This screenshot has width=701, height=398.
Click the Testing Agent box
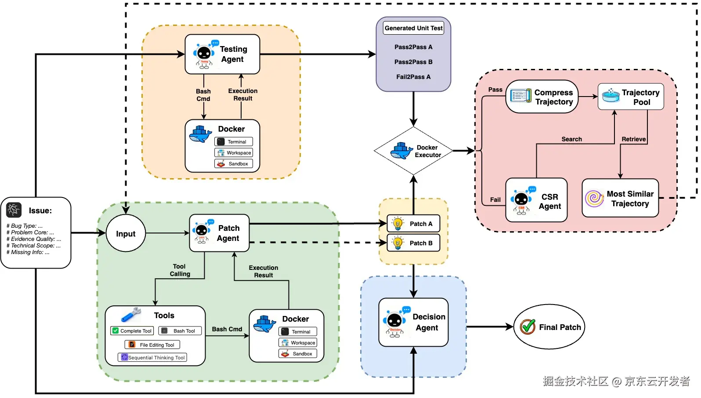point(222,54)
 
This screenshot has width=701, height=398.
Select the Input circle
point(126,233)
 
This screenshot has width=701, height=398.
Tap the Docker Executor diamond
point(413,151)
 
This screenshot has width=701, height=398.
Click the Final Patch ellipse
point(549,327)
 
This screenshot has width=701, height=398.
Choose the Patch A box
point(413,224)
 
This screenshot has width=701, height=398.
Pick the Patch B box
point(413,243)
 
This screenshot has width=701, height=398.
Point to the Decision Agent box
point(413,323)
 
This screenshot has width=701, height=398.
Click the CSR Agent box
point(536,200)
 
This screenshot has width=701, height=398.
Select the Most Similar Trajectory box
point(620,198)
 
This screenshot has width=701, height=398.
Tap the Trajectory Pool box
point(631,97)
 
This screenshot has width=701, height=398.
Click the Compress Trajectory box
point(542,97)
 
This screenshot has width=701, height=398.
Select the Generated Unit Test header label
point(413,28)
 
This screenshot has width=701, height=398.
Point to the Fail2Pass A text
point(413,77)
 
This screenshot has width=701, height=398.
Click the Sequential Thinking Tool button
point(152,358)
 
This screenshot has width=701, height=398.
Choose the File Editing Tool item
point(152,345)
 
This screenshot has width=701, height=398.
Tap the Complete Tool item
point(132,331)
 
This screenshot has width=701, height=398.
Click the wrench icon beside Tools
point(130,314)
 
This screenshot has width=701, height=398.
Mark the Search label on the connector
point(571,139)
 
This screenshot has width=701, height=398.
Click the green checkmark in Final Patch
point(528,326)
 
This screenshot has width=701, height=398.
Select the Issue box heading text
point(40,211)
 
